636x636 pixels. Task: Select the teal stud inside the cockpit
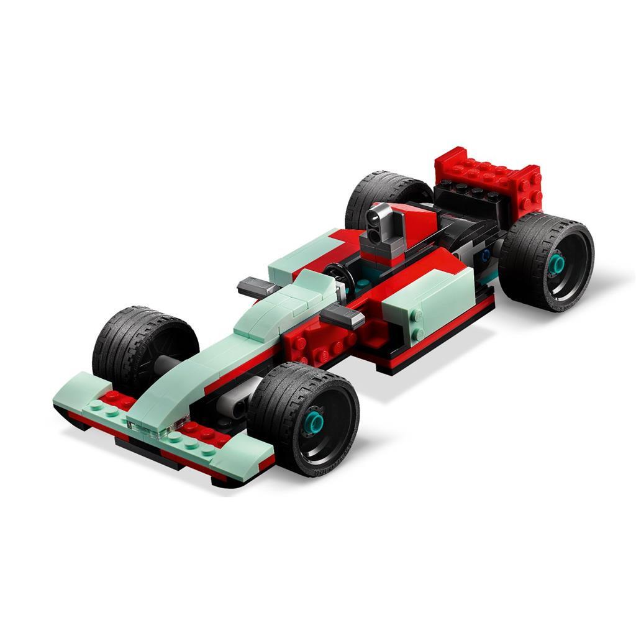362,283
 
